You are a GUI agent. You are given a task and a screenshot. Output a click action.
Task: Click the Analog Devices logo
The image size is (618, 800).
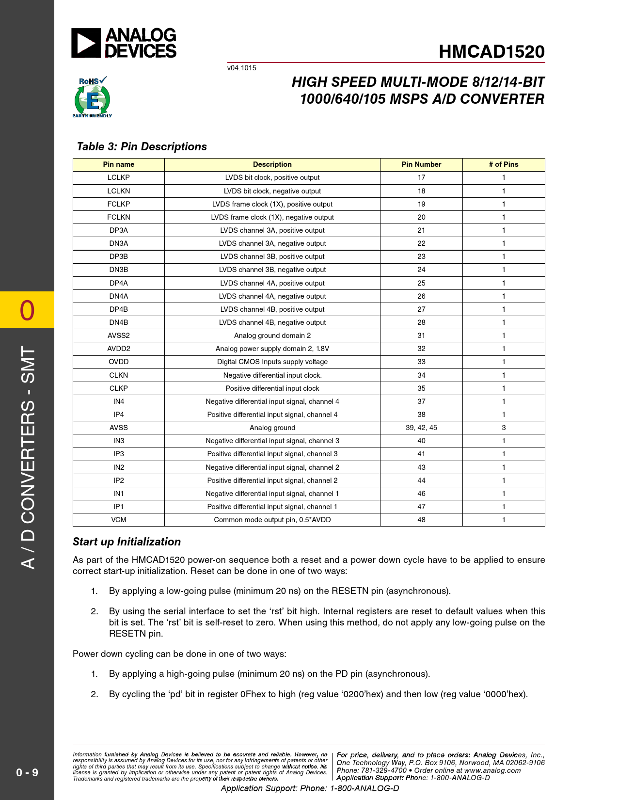click(x=124, y=43)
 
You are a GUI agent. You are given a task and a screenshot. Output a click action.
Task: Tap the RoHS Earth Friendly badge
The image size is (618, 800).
click(x=92, y=97)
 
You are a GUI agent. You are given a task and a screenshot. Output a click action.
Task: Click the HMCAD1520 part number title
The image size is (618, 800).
click(x=491, y=52)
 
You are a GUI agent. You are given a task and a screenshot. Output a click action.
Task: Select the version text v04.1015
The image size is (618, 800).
click(x=242, y=68)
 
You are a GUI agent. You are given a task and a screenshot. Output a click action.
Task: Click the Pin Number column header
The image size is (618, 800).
click(x=421, y=164)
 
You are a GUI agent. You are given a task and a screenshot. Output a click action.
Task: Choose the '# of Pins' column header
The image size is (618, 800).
click(x=504, y=164)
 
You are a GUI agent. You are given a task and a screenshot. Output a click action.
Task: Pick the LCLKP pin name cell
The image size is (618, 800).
click(x=119, y=177)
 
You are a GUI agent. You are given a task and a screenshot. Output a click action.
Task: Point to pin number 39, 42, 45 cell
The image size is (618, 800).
click(x=421, y=428)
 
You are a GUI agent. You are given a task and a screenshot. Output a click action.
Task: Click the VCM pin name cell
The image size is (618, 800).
click(x=119, y=520)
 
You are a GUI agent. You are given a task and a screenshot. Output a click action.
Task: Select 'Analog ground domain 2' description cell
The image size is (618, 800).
click(x=272, y=336)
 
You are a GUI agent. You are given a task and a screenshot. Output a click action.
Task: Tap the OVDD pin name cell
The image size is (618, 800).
click(x=119, y=362)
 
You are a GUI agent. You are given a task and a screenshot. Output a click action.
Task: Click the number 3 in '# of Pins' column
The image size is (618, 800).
click(x=504, y=428)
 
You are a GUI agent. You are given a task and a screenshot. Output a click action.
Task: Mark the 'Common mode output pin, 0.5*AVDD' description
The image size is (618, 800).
click(x=272, y=520)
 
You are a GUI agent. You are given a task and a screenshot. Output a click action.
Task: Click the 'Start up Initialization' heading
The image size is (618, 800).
click(x=127, y=542)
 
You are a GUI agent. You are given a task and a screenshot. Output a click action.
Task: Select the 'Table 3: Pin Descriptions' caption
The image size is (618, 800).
click(x=142, y=146)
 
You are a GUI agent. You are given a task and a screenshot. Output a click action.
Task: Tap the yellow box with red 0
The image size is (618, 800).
click(x=27, y=310)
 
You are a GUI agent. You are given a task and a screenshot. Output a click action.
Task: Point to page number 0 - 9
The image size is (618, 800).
click(x=27, y=772)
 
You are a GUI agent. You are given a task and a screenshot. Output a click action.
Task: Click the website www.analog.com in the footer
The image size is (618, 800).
click(x=492, y=770)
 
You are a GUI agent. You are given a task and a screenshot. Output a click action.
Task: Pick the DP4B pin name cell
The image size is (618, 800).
click(x=119, y=309)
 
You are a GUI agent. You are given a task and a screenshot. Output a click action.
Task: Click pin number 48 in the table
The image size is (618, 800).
click(x=421, y=520)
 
